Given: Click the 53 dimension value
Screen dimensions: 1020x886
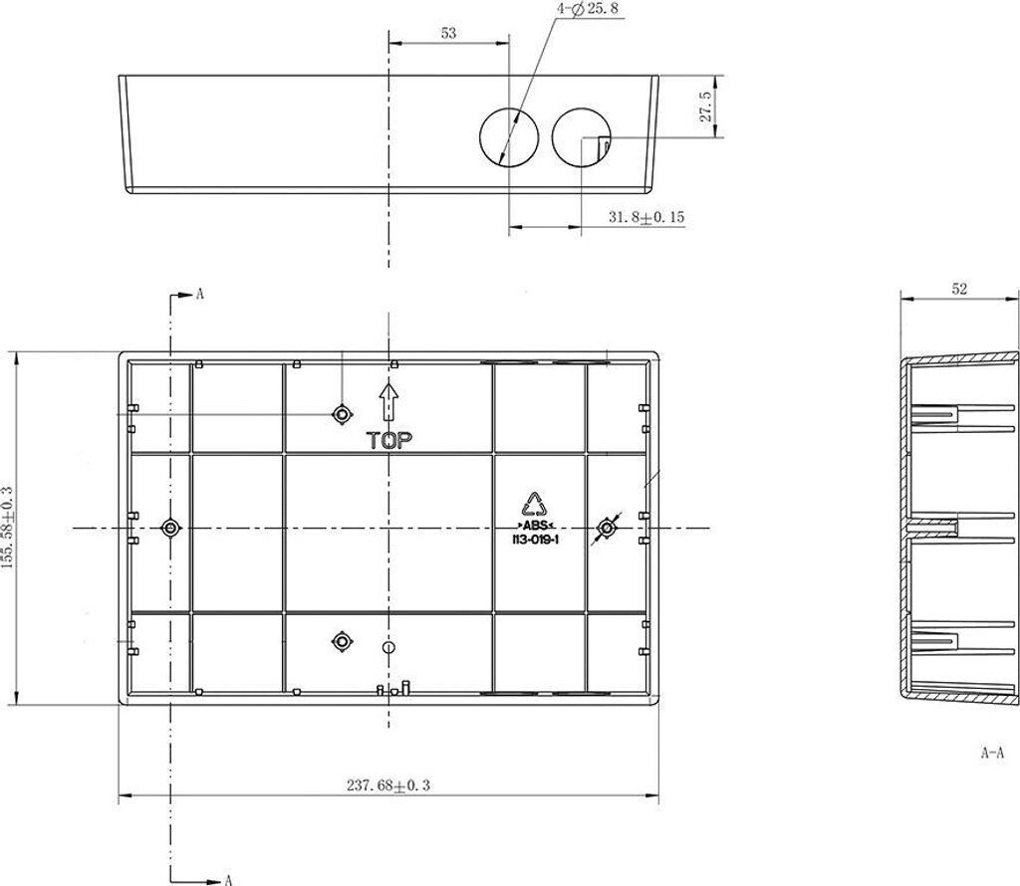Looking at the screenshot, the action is (x=449, y=33).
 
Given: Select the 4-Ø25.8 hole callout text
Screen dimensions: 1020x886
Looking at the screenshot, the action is (x=588, y=10).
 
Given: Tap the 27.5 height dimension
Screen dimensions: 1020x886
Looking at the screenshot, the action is (x=706, y=107).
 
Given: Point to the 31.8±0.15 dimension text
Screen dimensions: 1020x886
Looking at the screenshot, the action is (x=646, y=217).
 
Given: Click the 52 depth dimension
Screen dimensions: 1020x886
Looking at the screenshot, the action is (x=959, y=289).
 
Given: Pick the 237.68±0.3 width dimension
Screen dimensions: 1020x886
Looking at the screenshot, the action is (x=388, y=785).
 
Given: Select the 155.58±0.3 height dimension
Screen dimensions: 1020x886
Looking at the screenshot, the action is (x=7, y=528).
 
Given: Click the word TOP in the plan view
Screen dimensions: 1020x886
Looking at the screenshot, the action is (x=389, y=441).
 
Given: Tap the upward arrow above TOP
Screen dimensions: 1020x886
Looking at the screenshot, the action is (x=389, y=402).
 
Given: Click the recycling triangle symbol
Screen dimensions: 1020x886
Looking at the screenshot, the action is (x=535, y=505).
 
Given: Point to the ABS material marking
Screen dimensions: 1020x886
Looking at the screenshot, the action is (x=535, y=526).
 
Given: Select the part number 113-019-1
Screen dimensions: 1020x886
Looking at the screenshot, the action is (x=535, y=540).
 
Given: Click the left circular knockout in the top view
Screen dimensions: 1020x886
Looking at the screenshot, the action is (x=509, y=136).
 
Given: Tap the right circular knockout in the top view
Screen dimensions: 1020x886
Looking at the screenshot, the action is (x=582, y=136).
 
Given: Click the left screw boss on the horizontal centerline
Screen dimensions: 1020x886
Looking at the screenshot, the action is (x=170, y=528).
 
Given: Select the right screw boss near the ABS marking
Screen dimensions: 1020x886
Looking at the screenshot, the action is (x=607, y=528).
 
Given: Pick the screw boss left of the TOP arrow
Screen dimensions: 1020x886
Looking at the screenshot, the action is (x=343, y=413).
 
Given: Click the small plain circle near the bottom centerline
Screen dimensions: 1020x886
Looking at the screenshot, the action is (x=389, y=647).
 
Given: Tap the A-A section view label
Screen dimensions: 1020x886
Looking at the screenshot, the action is (x=992, y=753).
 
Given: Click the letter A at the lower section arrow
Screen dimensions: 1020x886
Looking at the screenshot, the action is (x=228, y=880).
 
